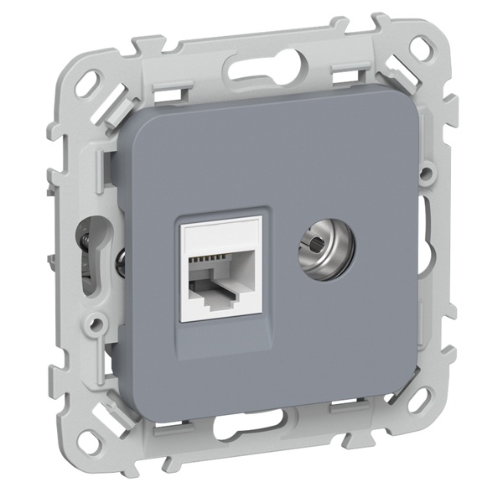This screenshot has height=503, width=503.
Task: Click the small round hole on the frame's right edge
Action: click(x=428, y=174)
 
